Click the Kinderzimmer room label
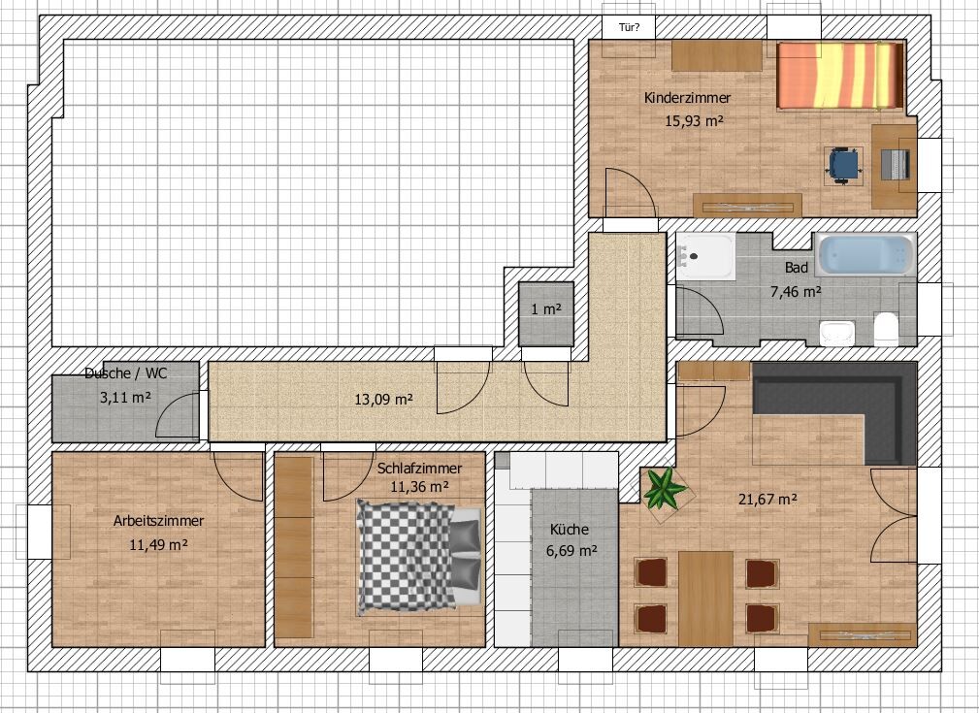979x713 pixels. [x=687, y=98]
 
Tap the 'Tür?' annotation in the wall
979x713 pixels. [x=629, y=27]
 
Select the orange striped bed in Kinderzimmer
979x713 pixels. [x=840, y=75]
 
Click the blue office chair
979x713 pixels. [x=843, y=165]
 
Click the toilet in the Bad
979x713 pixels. [x=886, y=329]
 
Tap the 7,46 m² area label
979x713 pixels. [x=796, y=292]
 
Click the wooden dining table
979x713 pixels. [x=705, y=599]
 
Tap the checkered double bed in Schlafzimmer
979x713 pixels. [x=419, y=557]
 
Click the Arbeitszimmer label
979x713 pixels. [x=158, y=521]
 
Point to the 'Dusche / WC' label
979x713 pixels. [x=125, y=373]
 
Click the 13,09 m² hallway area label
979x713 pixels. [x=383, y=399]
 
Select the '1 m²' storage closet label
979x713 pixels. [x=546, y=309]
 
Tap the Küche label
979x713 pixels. [x=569, y=530]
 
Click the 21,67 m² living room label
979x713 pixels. [x=767, y=500]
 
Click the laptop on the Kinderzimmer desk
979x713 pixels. [x=896, y=165]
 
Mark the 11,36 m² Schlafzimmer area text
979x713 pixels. [x=420, y=486]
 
